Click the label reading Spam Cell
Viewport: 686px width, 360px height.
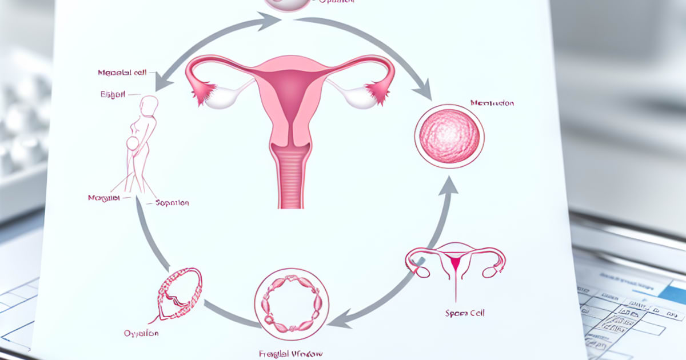pos(464,313)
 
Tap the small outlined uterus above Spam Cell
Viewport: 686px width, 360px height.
pos(455,263)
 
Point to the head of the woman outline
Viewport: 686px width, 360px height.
pos(149,106)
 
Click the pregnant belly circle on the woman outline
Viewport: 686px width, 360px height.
pos(133,143)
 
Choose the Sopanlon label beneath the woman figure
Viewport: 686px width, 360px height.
pos(172,203)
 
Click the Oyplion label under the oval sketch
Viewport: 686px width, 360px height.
pos(141,333)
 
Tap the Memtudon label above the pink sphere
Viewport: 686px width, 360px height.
pos(492,103)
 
